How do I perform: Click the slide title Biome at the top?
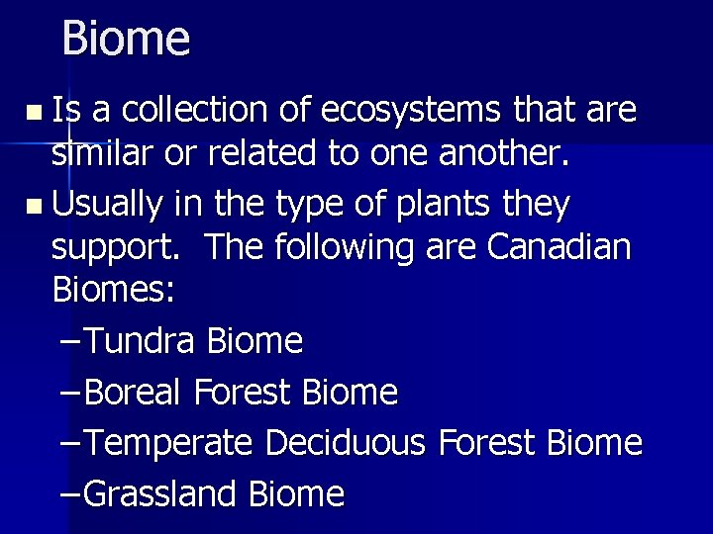(x=125, y=39)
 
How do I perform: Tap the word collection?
(x=202, y=111)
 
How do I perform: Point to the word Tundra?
(x=144, y=341)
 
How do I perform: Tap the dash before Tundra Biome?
(x=69, y=342)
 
